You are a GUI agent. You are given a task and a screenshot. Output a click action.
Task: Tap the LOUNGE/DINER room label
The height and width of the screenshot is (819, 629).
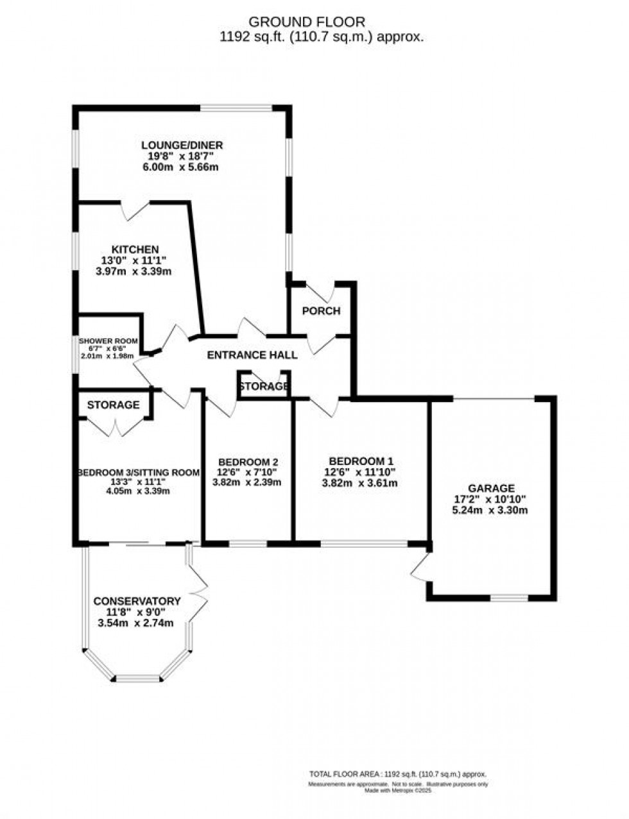pos(182,145)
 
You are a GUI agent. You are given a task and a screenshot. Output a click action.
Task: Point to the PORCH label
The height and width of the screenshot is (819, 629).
pos(321,311)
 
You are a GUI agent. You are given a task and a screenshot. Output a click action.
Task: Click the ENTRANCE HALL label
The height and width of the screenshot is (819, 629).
pos(252,355)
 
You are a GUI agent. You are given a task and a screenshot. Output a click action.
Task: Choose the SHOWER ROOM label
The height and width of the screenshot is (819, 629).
pos(108,341)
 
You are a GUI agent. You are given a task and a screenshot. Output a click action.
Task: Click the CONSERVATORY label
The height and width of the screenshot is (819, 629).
pos(137,601)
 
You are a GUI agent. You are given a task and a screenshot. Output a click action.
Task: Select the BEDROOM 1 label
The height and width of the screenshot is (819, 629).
pos(360,460)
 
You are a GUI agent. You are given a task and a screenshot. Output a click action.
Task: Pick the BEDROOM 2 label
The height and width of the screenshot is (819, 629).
pos(248,462)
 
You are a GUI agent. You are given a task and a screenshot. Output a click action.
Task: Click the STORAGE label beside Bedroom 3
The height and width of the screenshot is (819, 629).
pos(113,405)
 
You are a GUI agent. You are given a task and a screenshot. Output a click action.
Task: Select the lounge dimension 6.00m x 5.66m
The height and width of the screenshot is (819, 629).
pos(182,167)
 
